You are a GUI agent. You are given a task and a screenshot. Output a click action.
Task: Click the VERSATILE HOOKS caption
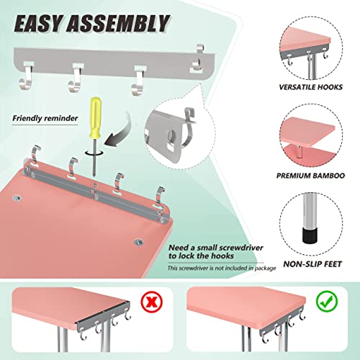(315, 86)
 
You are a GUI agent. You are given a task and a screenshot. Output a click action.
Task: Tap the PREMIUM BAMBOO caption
(315, 174)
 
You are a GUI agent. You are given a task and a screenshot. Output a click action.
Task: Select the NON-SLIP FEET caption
(315, 264)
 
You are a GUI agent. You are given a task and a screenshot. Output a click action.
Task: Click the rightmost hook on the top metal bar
(194, 66)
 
